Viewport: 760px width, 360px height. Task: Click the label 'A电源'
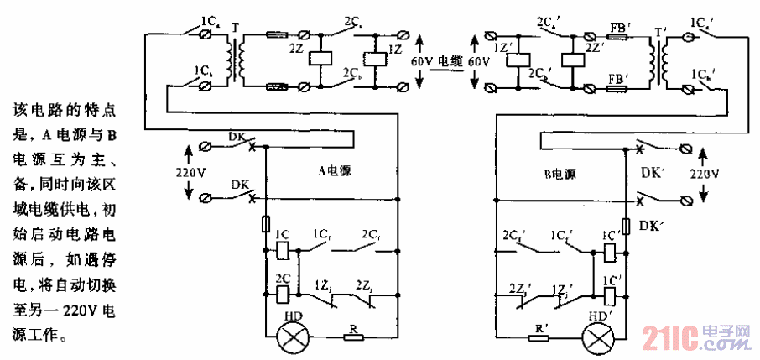pos(334,171)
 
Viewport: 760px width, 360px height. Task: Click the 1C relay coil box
pos(283,249)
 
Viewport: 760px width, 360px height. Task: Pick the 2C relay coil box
pos(283,294)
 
